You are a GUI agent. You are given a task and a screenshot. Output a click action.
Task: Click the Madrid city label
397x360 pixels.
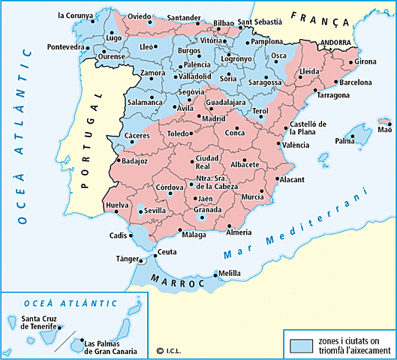(x=215, y=118)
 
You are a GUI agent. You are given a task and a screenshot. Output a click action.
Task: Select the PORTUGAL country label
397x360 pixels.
(x=95, y=128)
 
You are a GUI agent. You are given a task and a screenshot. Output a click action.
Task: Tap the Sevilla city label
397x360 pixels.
(x=155, y=211)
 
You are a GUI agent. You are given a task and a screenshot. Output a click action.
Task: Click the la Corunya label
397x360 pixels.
(x=76, y=15)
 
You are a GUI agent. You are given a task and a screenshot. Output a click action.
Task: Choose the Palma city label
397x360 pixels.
(x=344, y=140)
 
